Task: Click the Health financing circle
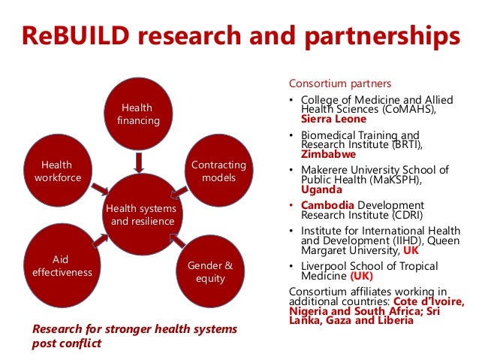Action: pyautogui.click(x=136, y=113)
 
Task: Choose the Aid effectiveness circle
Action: pyautogui.click(x=62, y=264)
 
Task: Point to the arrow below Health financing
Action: pyautogui.click(x=138, y=162)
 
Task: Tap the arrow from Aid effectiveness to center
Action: pyautogui.click(x=101, y=240)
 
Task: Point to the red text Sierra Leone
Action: pyautogui.click(x=333, y=119)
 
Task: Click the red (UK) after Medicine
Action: pyautogui.click(x=364, y=276)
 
